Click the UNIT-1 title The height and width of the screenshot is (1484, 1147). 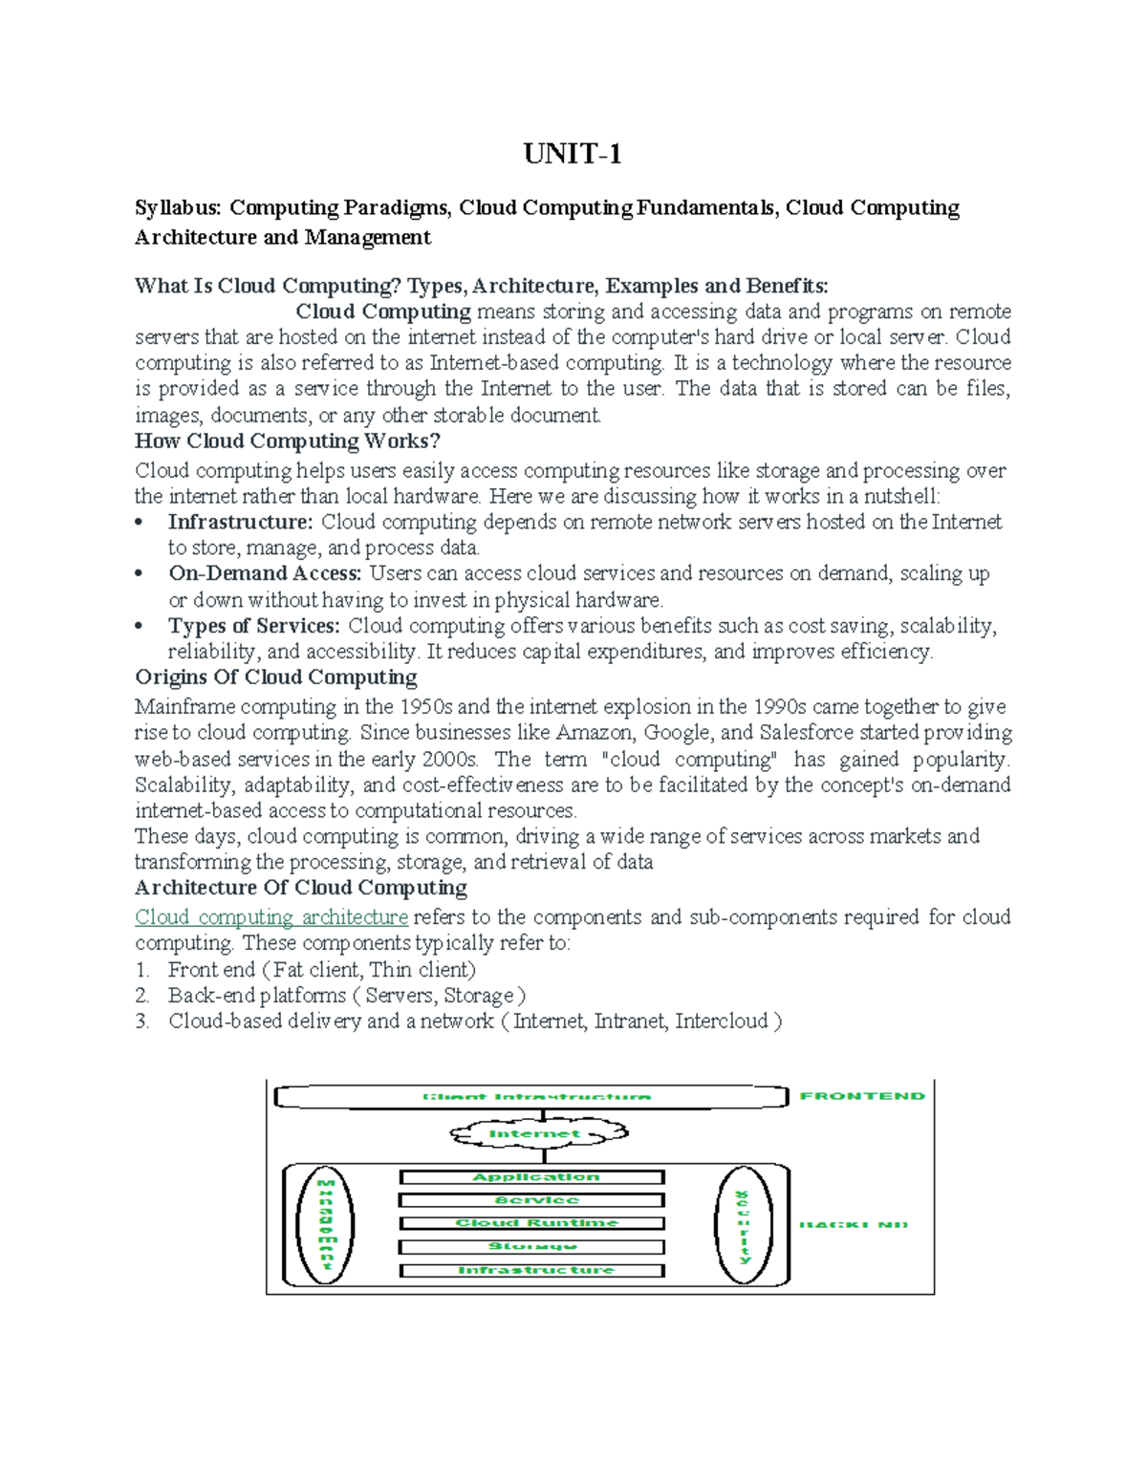click(x=573, y=154)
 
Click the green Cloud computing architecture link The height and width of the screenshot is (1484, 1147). click(x=271, y=917)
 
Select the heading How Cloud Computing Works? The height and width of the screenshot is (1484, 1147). click(x=287, y=441)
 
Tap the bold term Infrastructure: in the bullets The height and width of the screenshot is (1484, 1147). click(x=241, y=522)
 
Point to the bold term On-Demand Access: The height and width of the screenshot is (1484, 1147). click(x=265, y=573)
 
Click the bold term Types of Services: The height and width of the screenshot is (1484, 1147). click(x=254, y=626)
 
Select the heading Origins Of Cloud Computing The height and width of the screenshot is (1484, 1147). click(x=275, y=677)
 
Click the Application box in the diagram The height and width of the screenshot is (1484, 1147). click(x=531, y=1177)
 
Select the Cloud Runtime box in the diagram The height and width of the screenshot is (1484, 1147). click(x=531, y=1223)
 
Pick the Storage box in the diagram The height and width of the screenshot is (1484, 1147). click(x=531, y=1247)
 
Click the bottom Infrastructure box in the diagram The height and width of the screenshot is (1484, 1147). click(x=531, y=1271)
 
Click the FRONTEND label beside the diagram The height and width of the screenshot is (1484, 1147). click(x=862, y=1096)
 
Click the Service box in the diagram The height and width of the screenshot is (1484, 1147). click(x=531, y=1200)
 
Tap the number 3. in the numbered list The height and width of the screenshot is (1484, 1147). click(x=142, y=1022)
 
